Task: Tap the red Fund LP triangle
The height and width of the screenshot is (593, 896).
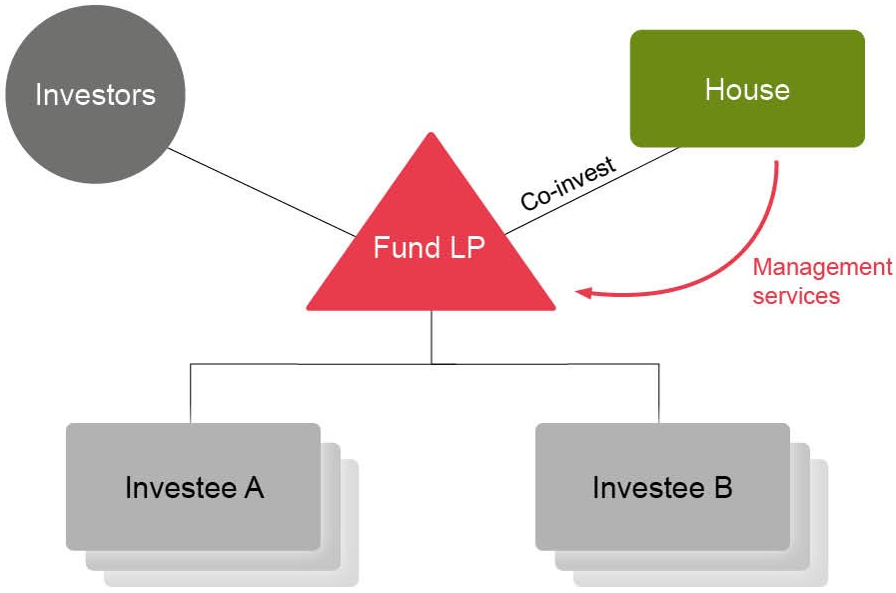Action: (x=431, y=270)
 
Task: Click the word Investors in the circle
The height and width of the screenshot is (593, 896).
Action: (x=95, y=95)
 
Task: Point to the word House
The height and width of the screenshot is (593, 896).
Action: (x=746, y=90)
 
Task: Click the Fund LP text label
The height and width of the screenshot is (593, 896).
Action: (x=429, y=247)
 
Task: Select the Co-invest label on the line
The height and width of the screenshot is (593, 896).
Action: (x=567, y=182)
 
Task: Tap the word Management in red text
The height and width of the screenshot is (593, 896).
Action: (x=821, y=268)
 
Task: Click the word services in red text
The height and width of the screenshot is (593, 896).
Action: (x=795, y=296)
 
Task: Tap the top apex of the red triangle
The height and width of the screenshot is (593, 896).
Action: (x=431, y=136)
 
